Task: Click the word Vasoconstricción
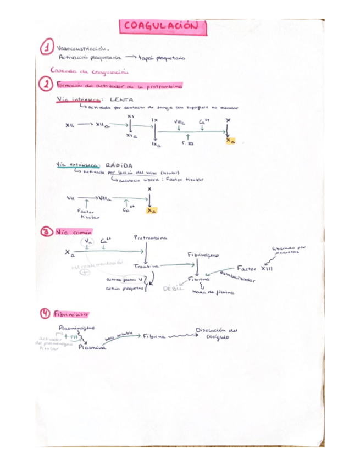[83, 48]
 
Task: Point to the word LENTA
[123, 100]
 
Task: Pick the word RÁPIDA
[119, 165]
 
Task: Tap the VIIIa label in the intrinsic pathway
[179, 122]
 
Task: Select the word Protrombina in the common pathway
[151, 238]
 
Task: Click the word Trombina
[145, 267]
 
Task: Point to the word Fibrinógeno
[203, 256]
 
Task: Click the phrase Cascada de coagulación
[88, 71]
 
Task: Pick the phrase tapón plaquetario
[163, 58]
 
